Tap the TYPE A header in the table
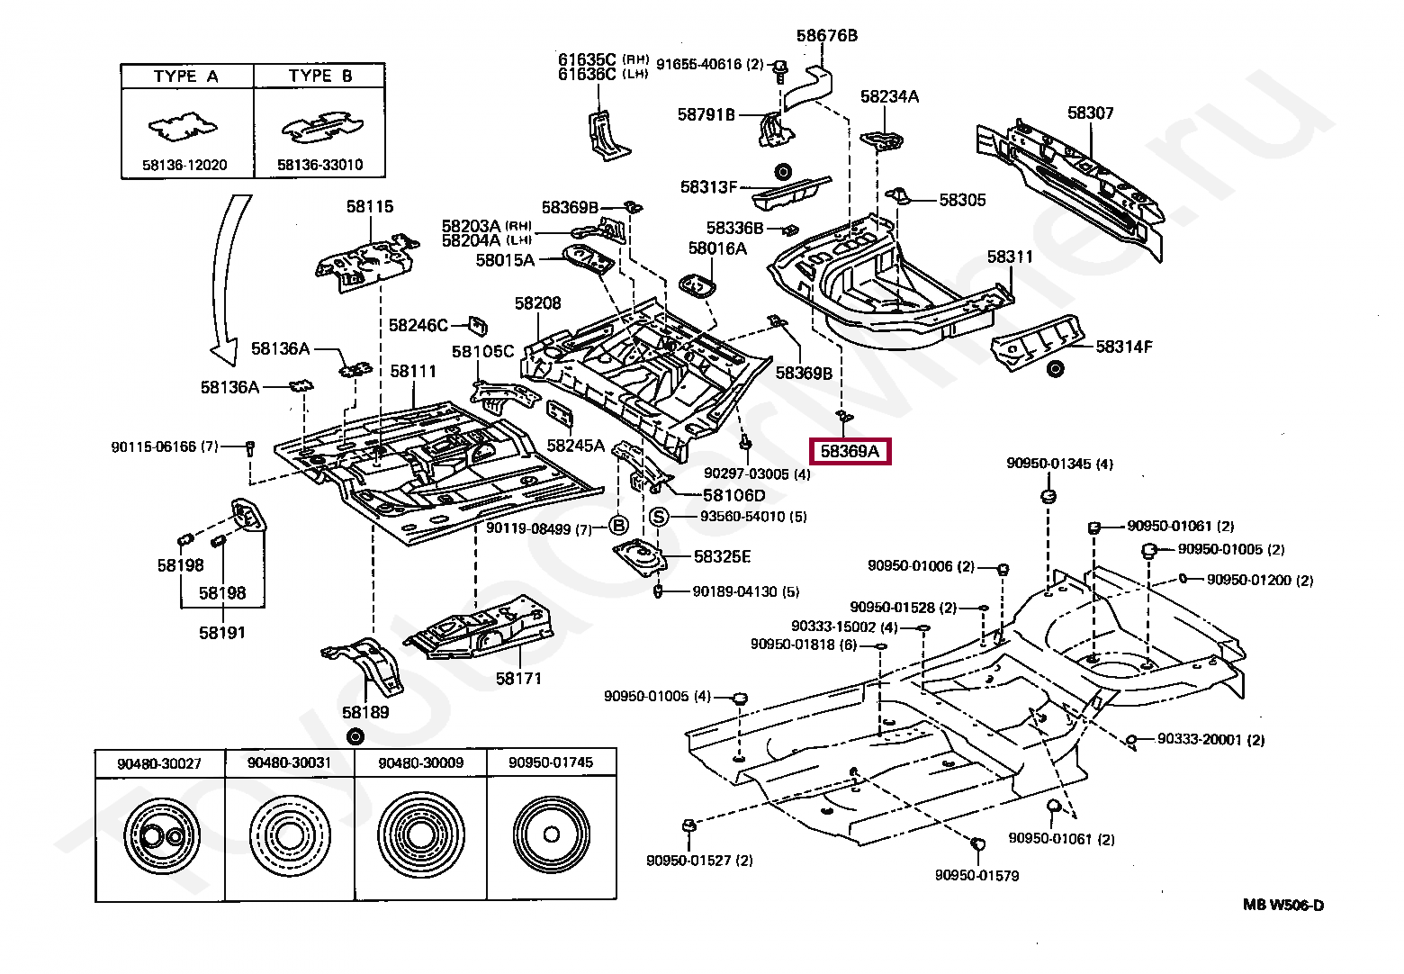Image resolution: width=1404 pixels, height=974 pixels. [186, 77]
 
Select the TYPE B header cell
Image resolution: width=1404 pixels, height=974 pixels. [320, 77]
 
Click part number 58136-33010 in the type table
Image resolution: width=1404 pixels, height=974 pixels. [319, 166]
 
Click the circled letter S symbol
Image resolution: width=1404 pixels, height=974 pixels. [660, 517]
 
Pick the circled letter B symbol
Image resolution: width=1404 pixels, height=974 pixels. [618, 527]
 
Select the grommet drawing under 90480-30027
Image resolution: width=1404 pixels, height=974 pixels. [159, 836]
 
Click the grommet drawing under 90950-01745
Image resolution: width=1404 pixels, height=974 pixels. [552, 834]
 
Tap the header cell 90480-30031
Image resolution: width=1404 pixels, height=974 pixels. [290, 762]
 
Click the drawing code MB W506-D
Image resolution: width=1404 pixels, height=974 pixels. [1283, 906]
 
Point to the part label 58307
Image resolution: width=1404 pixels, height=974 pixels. [1090, 113]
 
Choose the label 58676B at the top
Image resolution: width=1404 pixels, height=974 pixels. [826, 36]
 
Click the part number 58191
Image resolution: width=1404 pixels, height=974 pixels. [222, 633]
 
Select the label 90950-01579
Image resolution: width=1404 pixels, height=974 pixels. [976, 875]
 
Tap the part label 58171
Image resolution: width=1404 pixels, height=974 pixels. [518, 679]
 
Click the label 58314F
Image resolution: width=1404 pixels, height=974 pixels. [1123, 347]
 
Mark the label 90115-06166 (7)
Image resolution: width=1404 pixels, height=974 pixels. [165, 446]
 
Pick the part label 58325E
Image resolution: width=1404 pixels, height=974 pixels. [722, 557]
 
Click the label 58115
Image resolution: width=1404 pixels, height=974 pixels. [370, 207]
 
